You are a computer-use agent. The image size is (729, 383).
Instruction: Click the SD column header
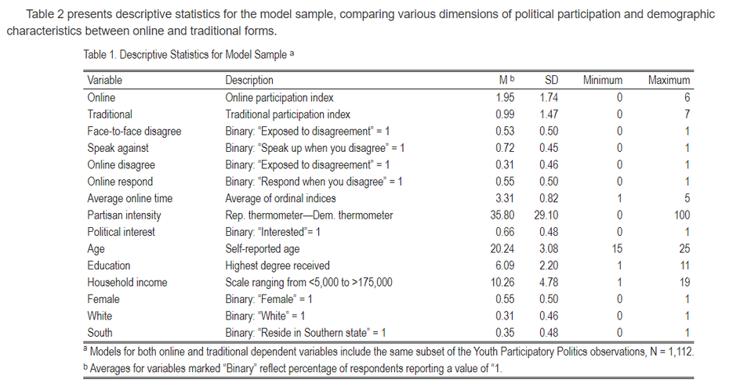[551, 80]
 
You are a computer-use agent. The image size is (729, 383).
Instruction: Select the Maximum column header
[669, 80]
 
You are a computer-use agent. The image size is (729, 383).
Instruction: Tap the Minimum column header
[603, 80]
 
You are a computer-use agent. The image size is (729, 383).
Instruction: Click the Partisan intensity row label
[124, 215]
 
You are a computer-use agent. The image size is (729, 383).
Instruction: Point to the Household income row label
[127, 282]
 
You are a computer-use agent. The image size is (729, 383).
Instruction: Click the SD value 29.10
[547, 215]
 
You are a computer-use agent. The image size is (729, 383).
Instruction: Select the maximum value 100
[681, 215]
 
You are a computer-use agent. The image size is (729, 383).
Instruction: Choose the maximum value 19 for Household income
[684, 282]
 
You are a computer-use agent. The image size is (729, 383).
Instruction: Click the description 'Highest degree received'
[277, 266]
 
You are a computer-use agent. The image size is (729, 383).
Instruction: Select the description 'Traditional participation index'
[288, 114]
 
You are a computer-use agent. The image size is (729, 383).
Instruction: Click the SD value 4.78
[550, 282]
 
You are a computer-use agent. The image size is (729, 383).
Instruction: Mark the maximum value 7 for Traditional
[687, 114]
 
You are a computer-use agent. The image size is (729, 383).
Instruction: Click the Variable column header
[105, 80]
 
